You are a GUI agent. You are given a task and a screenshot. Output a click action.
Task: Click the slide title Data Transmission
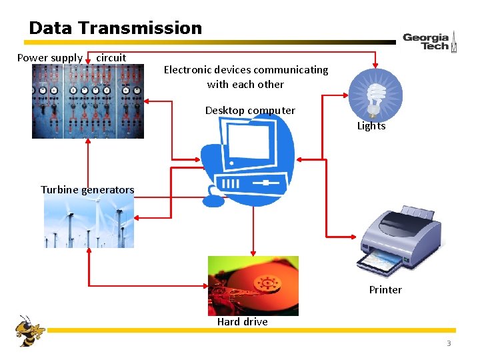click(x=115, y=28)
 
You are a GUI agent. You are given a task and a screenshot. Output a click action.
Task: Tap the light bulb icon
click(x=375, y=95)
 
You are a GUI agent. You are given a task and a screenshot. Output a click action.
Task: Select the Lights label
click(x=371, y=126)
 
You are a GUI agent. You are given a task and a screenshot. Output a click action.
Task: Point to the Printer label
click(x=385, y=289)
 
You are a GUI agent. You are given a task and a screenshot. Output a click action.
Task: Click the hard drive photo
click(x=253, y=285)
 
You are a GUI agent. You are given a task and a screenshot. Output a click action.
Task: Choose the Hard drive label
click(x=242, y=321)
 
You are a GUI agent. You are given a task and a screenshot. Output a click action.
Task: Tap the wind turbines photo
click(x=89, y=223)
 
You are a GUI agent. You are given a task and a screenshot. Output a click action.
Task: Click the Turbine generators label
click(x=87, y=190)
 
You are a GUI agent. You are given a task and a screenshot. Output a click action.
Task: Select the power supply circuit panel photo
click(x=87, y=101)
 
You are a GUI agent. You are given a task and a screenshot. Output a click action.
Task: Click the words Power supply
click(x=49, y=58)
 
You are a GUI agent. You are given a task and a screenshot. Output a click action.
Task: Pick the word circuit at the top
click(x=111, y=58)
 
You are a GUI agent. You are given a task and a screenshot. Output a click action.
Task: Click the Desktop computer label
click(x=250, y=111)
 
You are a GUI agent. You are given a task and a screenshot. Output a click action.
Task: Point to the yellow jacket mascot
click(x=29, y=330)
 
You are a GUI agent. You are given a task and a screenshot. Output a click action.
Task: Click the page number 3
click(x=449, y=343)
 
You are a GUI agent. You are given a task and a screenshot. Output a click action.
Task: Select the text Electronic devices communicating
click(x=246, y=70)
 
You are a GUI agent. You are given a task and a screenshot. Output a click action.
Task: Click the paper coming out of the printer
click(x=381, y=264)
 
